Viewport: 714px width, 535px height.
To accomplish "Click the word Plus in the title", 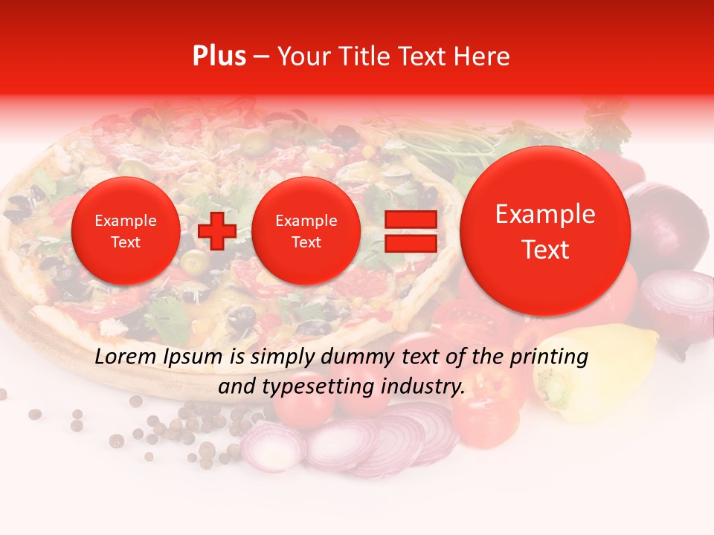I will click(219, 56).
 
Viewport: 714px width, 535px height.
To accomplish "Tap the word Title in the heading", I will click(367, 56).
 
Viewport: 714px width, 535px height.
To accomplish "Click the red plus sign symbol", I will click(216, 231).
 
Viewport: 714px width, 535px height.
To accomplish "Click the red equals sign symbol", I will click(410, 231).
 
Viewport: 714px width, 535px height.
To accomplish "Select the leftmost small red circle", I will click(125, 231).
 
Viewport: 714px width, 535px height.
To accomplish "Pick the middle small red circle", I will click(306, 231).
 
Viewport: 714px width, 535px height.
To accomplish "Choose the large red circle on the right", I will click(545, 231).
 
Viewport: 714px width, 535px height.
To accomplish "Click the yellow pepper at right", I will click(595, 368).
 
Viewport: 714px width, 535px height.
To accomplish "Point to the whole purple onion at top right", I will click(669, 223).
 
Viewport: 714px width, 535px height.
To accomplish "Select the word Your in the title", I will click(301, 56).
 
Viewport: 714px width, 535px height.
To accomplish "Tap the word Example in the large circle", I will click(545, 215).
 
